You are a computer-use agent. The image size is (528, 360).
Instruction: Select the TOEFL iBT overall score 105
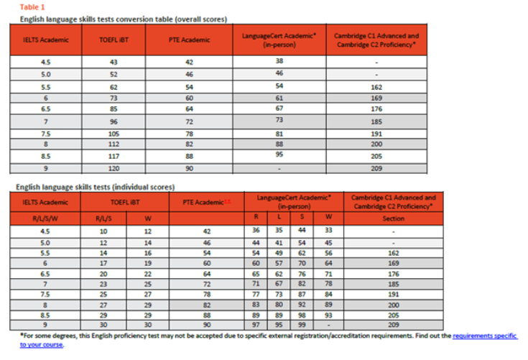(x=114, y=134)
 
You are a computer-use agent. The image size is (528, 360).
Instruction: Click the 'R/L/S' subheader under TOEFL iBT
(x=103, y=219)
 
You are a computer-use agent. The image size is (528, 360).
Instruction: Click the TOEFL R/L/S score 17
(x=103, y=263)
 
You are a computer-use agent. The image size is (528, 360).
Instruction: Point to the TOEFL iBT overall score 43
(x=114, y=63)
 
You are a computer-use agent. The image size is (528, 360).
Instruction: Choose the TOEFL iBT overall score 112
(x=114, y=144)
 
